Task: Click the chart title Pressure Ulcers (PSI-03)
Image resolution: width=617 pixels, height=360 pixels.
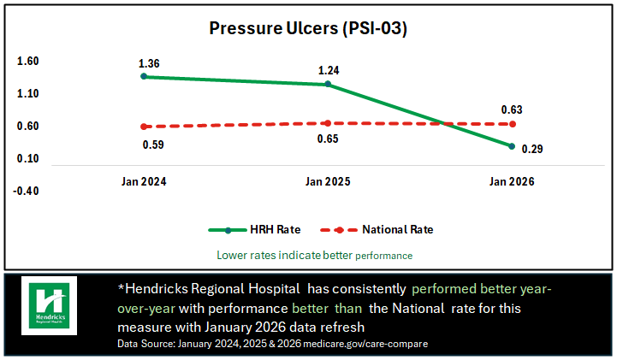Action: pos(308,28)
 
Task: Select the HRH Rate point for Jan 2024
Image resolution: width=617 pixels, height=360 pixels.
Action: pos(145,76)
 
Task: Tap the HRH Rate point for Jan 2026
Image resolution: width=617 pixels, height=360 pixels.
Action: pos(512,146)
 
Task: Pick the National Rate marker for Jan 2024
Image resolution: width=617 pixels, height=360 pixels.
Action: pos(145,127)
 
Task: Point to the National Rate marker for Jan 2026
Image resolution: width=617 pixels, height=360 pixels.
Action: pos(512,124)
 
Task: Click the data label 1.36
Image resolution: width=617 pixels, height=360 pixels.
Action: pos(149,63)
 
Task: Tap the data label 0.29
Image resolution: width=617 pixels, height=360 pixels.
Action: pos(532,149)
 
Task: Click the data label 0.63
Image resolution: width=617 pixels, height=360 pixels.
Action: pos(511,109)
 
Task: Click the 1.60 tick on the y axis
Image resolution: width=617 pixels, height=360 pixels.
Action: pos(27,62)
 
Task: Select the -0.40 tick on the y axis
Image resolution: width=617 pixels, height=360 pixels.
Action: pos(26,191)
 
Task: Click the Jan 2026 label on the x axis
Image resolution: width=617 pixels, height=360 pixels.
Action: pos(512,182)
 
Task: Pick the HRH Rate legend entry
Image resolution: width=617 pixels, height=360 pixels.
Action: pos(255,229)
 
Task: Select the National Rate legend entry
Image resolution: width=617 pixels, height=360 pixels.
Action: pos(376,229)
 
